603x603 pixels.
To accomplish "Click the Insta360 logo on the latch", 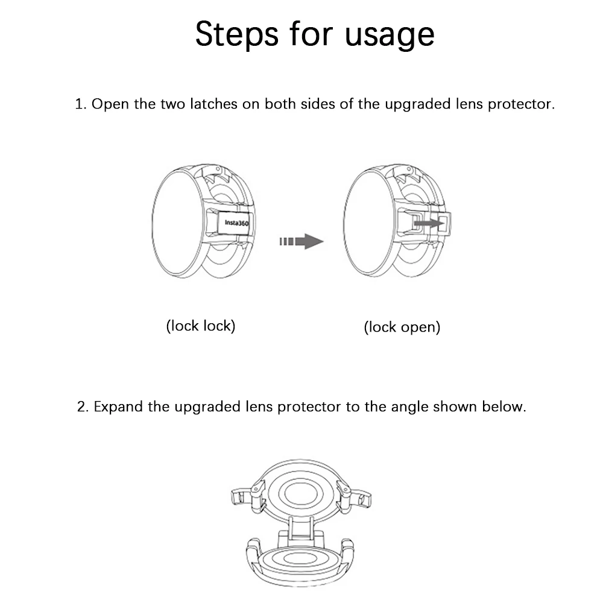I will pyautogui.click(x=236, y=222).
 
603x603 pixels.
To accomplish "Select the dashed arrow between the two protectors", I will pyautogui.click(x=301, y=242).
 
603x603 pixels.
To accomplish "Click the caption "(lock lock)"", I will pyautogui.click(x=200, y=326).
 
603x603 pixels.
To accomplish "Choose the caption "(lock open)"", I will pyautogui.click(x=402, y=327).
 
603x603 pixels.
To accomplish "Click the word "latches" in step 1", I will pyautogui.click(x=214, y=104).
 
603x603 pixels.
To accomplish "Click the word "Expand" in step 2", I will pyautogui.click(x=118, y=406).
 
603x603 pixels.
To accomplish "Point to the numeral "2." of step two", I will pyautogui.click(x=83, y=406).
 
